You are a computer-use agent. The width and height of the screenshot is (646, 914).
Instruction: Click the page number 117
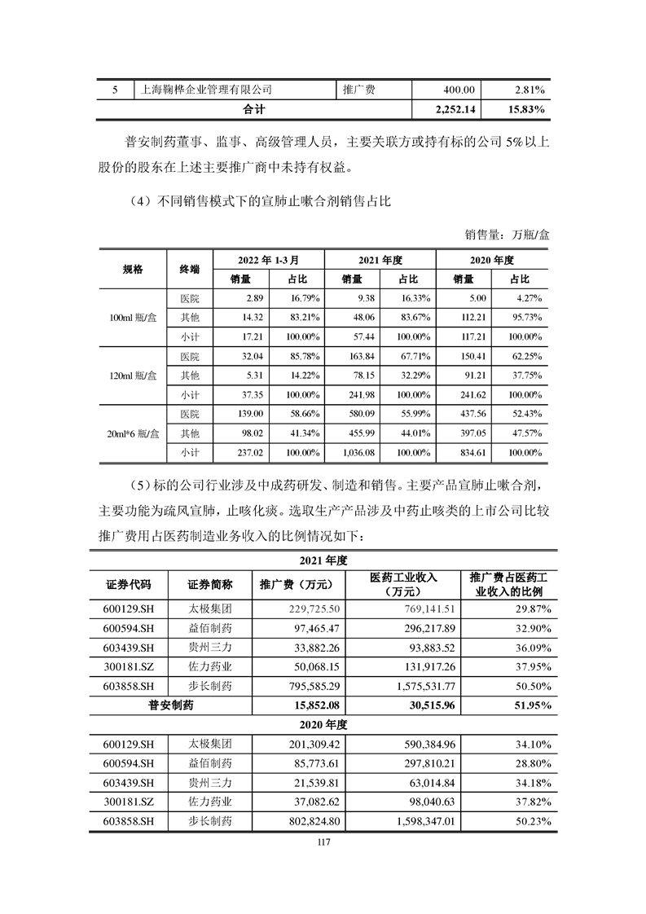(x=323, y=843)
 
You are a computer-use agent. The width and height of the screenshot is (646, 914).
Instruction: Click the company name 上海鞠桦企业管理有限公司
(x=201, y=90)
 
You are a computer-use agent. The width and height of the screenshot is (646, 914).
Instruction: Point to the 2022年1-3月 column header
(x=268, y=260)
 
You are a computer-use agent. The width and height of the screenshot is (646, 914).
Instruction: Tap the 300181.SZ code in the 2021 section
(x=125, y=666)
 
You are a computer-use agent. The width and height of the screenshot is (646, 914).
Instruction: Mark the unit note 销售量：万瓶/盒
(x=508, y=235)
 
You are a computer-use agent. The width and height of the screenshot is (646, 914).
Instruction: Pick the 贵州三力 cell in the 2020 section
(x=210, y=782)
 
